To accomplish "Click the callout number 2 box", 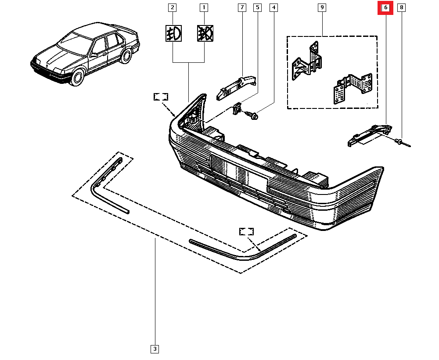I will click(x=173, y=7).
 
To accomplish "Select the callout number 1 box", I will click(x=204, y=7).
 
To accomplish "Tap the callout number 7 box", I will click(x=241, y=7).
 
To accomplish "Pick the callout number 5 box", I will click(x=257, y=7).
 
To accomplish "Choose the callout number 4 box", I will click(x=274, y=7).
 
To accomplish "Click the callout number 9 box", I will click(x=322, y=7).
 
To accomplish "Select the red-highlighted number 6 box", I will click(x=386, y=7).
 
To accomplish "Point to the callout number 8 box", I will click(x=401, y=7).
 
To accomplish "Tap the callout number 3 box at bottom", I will click(x=155, y=349).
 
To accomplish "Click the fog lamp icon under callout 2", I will click(x=173, y=33).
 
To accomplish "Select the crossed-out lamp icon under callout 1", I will click(x=205, y=33).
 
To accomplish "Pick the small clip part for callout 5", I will click(x=237, y=108).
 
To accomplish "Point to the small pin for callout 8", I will click(x=402, y=142).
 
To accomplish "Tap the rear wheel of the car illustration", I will click(x=126, y=56).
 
